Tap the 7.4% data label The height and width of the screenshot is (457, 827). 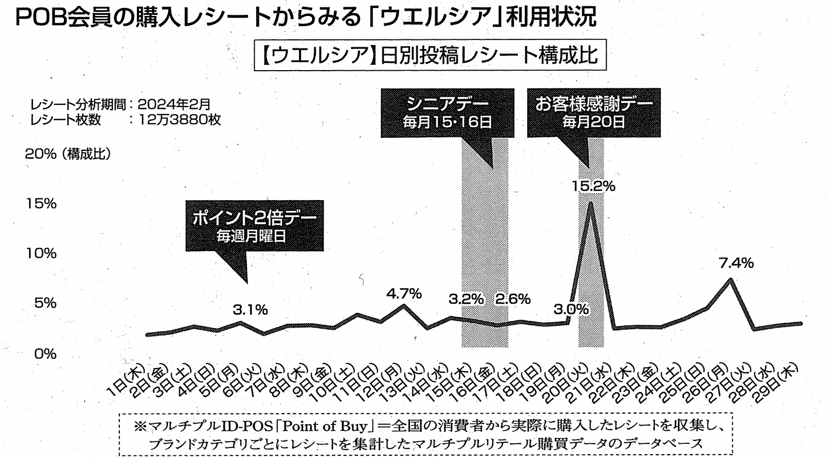click(x=736, y=263)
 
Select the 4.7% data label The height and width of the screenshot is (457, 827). click(x=404, y=294)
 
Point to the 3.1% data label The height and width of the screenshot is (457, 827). click(x=250, y=310)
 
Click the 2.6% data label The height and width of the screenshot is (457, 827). click(x=513, y=298)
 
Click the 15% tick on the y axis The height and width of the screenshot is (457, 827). click(x=42, y=203)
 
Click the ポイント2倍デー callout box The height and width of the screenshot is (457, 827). click(x=254, y=226)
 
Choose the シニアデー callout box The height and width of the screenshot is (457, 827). click(x=443, y=112)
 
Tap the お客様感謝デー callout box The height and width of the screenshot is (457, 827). click(x=594, y=112)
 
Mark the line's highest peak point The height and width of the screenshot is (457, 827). click(x=591, y=203)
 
